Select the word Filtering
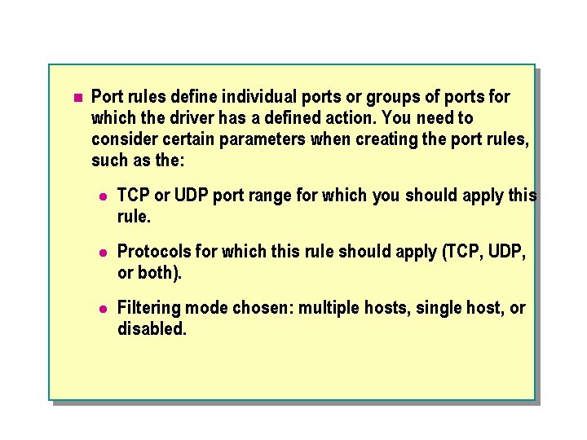tap(148, 309)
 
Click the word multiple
tap(328, 309)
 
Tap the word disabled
tap(152, 330)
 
